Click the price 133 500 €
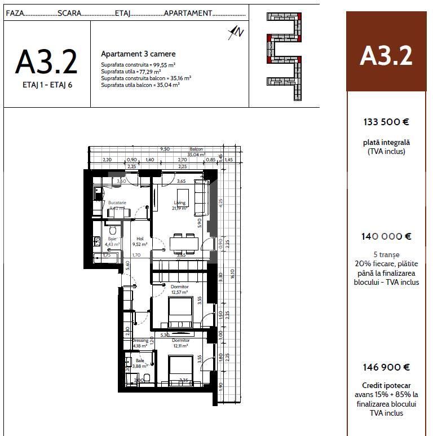386,122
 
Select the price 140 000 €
386,237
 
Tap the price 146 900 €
386,367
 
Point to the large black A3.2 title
46,61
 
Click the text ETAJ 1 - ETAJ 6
46,85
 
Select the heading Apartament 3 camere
138,54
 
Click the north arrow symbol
236,33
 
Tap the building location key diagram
284,56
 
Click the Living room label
179,203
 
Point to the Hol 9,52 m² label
140,242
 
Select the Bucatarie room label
117,202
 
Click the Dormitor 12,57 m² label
180,289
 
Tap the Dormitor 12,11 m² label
180,343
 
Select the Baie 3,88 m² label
139,363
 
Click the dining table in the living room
185,243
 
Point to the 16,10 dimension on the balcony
232,274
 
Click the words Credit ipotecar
386,386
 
